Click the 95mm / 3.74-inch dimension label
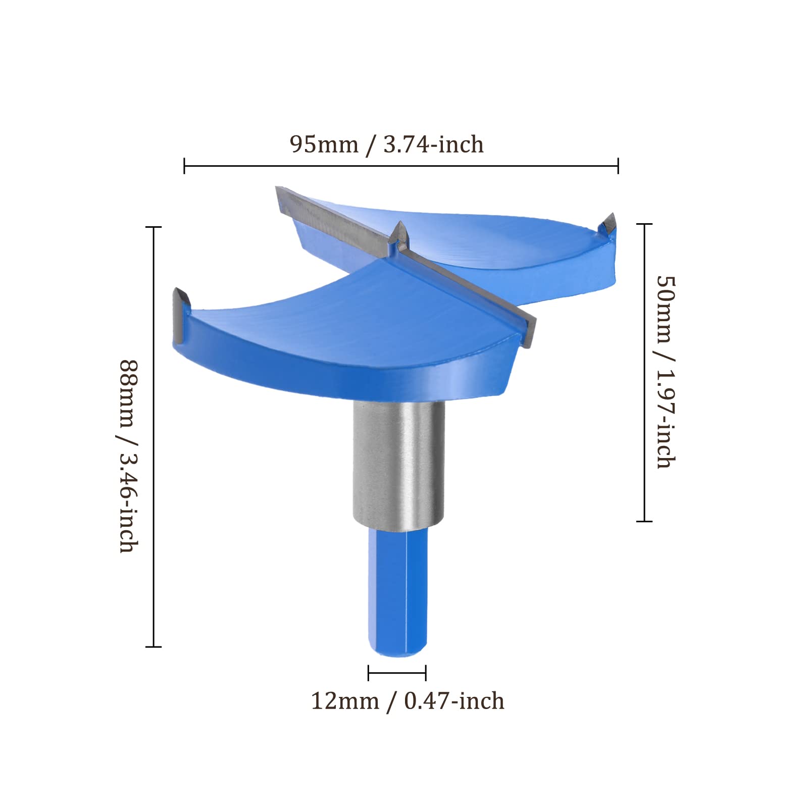click(x=386, y=144)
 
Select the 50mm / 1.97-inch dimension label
click(x=666, y=372)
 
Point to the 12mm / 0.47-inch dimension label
click(x=408, y=701)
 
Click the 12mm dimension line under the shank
click(x=397, y=673)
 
